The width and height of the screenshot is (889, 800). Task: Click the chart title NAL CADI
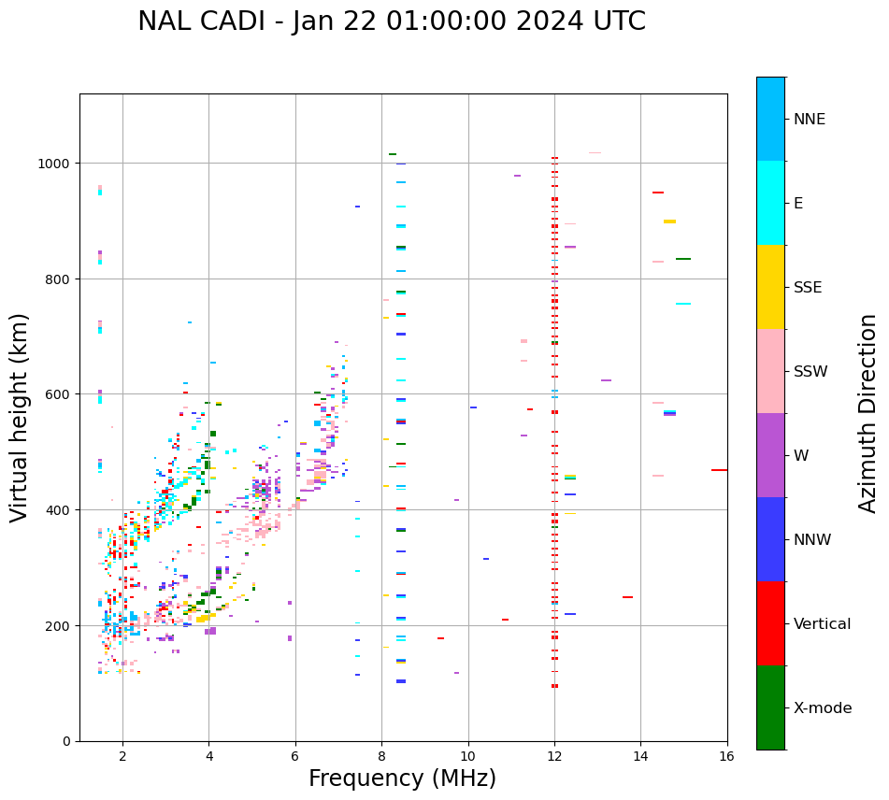pyautogui.click(x=392, y=21)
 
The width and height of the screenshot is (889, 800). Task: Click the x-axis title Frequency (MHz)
pyautogui.click(x=402, y=779)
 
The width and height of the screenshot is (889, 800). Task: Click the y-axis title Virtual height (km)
pyautogui.click(x=20, y=418)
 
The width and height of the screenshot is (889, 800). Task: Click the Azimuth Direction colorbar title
pyautogui.click(x=868, y=413)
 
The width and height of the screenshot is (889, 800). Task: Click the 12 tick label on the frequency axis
pyautogui.click(x=554, y=758)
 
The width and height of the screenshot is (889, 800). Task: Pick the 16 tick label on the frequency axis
pyautogui.click(x=726, y=758)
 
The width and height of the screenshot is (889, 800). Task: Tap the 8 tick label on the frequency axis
pyautogui.click(x=381, y=758)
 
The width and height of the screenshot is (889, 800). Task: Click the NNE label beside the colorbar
pyautogui.click(x=810, y=120)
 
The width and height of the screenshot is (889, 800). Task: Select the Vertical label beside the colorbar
pyautogui.click(x=822, y=624)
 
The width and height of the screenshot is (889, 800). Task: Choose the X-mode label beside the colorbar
pyautogui.click(x=823, y=708)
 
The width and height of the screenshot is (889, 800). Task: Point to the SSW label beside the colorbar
pyautogui.click(x=810, y=372)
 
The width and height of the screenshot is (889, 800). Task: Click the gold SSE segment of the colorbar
pyautogui.click(x=770, y=287)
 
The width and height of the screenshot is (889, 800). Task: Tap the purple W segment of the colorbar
pyautogui.click(x=770, y=455)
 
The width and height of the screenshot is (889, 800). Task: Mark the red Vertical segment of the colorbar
pyautogui.click(x=770, y=623)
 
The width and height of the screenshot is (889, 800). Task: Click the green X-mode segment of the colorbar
pyautogui.click(x=770, y=707)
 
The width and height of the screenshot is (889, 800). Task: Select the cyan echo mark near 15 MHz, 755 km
pyautogui.click(x=683, y=304)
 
